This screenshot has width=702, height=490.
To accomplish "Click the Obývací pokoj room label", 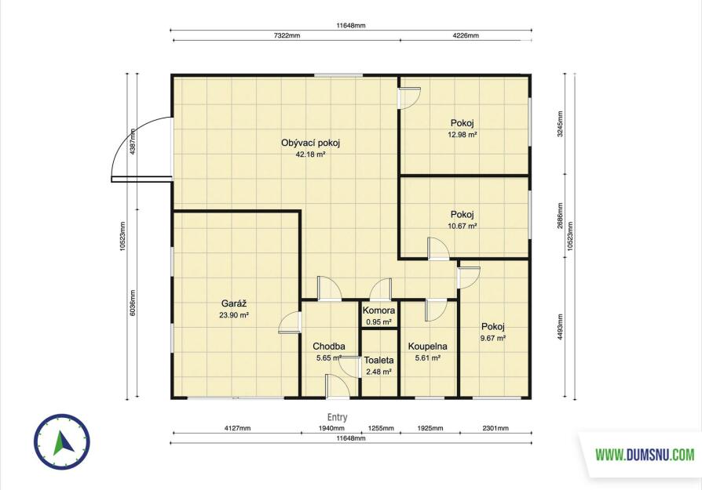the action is (x=311, y=143).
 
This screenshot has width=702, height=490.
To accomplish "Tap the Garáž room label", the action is (x=234, y=303).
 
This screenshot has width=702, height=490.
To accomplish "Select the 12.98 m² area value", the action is (x=463, y=134).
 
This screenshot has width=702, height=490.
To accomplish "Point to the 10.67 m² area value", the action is (x=463, y=226).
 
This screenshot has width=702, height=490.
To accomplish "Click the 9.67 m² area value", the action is (x=493, y=338).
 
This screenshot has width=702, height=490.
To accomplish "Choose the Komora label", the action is (x=378, y=310).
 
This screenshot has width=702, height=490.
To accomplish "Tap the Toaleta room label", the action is (x=378, y=360).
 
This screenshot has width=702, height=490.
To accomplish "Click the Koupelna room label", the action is (x=427, y=347).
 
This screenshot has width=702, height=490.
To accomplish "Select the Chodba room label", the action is (x=328, y=347).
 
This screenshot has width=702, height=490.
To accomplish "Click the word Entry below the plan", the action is (x=337, y=417).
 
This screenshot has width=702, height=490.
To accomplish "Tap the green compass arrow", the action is (x=62, y=441).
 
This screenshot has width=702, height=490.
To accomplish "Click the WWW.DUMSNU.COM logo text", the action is (x=645, y=456).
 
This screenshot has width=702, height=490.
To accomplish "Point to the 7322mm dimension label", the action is (x=287, y=36).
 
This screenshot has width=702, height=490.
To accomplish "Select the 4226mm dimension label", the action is (x=465, y=36).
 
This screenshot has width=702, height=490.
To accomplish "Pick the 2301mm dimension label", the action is (x=495, y=428).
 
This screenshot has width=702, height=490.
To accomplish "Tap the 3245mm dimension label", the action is (x=560, y=124).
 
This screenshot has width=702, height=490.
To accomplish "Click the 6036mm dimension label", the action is (x=133, y=303).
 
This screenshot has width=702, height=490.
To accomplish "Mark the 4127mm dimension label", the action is (x=237, y=428).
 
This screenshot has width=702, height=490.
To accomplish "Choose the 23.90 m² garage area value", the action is (x=234, y=314).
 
